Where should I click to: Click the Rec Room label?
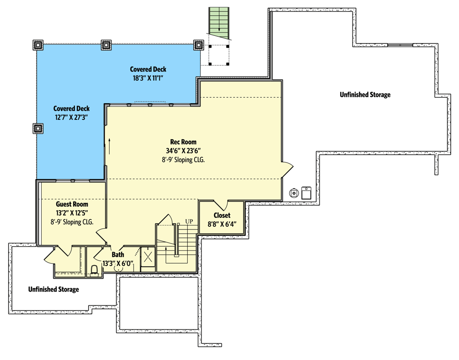[183, 142]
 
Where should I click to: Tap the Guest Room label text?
[72, 204]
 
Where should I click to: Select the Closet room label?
[222, 215]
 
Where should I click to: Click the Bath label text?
[118, 254]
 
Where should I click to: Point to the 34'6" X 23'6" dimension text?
[183, 151]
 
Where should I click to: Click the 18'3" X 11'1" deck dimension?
[148, 78]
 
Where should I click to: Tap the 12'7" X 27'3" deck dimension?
[72, 118]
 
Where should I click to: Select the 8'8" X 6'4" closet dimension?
[222, 225]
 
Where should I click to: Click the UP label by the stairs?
[189, 221]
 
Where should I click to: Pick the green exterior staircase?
[219, 23]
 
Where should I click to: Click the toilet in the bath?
[94, 271]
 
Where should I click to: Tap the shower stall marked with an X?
[148, 257]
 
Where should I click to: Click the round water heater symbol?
[294, 193]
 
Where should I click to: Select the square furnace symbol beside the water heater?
[306, 193]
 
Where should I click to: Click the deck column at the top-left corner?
[38, 45]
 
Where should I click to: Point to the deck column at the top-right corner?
[198, 45]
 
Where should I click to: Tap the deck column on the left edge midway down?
[38, 128]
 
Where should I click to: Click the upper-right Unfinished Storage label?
[365, 95]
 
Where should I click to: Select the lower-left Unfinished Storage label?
[54, 289]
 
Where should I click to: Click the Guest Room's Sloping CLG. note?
[72, 222]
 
